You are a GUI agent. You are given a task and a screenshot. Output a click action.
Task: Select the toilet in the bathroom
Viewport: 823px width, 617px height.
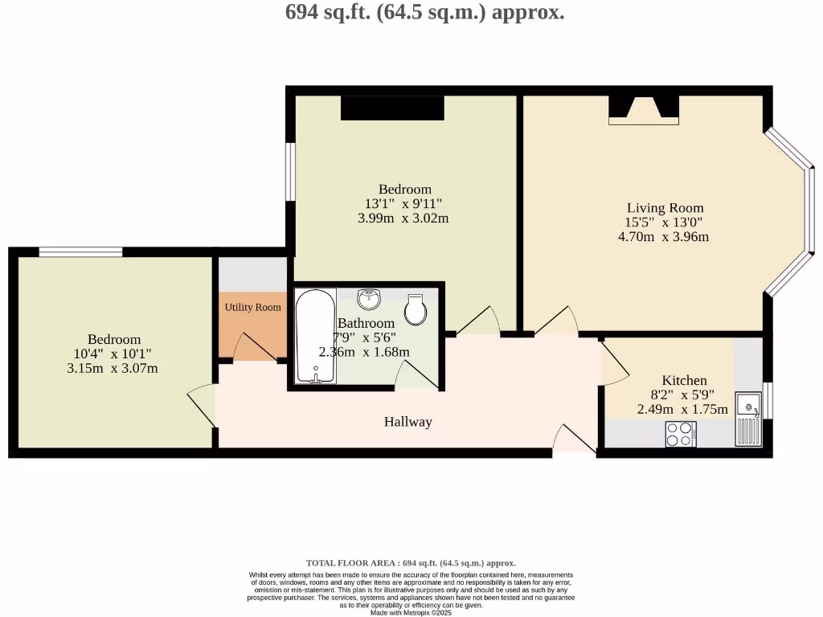click(x=416, y=309)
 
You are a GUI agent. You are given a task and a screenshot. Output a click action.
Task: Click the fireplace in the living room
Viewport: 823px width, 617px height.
click(x=643, y=110)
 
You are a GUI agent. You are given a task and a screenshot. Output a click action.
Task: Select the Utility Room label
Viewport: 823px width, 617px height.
click(x=252, y=307)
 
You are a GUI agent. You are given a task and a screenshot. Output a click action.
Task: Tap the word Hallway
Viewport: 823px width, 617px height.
click(x=407, y=422)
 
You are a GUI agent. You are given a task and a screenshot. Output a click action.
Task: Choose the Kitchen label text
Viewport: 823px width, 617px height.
click(x=684, y=380)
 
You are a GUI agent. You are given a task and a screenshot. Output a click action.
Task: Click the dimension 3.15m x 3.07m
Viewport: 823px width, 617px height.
click(x=114, y=368)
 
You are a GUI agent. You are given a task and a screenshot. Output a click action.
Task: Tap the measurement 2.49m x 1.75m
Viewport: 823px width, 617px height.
click(x=682, y=409)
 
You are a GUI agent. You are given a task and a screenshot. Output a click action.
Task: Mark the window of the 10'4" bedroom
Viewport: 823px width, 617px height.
click(x=80, y=252)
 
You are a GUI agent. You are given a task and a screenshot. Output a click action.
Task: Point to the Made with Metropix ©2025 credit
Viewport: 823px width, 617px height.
click(x=411, y=612)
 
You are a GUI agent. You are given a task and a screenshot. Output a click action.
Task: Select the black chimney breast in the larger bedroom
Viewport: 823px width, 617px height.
click(x=392, y=108)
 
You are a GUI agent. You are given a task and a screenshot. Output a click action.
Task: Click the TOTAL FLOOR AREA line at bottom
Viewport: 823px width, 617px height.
click(x=411, y=563)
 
